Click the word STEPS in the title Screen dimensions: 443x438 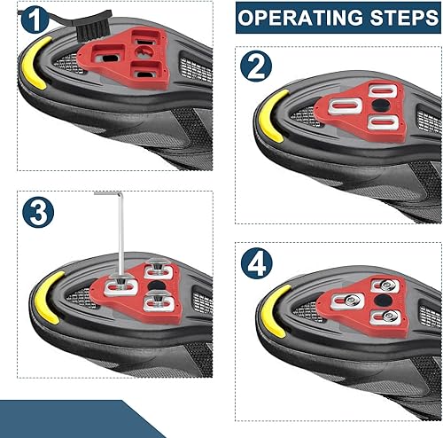(x=404, y=18)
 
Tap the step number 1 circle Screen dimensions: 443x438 (x=35, y=20)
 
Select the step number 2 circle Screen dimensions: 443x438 (x=256, y=66)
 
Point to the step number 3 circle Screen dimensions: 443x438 (x=38, y=212)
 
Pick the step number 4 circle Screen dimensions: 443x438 (x=256, y=262)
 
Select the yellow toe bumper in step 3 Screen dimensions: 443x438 (x=47, y=297)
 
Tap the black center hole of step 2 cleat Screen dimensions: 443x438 (x=380, y=106)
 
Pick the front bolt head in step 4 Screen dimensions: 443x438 (x=352, y=300)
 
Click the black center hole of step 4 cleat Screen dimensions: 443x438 (x=383, y=301)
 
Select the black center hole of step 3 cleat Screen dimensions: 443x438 (x=156, y=286)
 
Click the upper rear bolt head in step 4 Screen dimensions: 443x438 (x=385, y=285)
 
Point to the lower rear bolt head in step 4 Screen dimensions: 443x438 (x=387, y=317)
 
